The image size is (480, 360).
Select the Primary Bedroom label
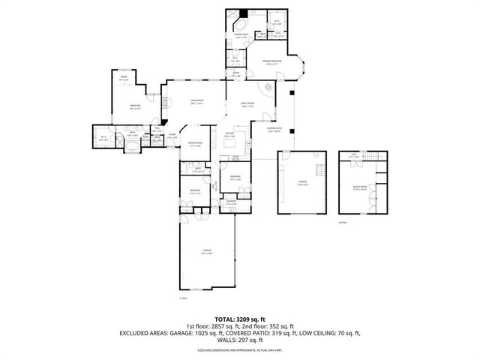pyautogui.click(x=271, y=63)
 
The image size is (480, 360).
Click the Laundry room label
pyautogui.click(x=232, y=203)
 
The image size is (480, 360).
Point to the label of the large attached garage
pyautogui.click(x=206, y=252)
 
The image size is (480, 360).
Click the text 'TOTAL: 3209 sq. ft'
pyautogui.click(x=240, y=319)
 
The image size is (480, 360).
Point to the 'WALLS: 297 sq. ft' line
pyautogui.click(x=240, y=341)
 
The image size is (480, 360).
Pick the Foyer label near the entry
pyautogui.click(x=172, y=136)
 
